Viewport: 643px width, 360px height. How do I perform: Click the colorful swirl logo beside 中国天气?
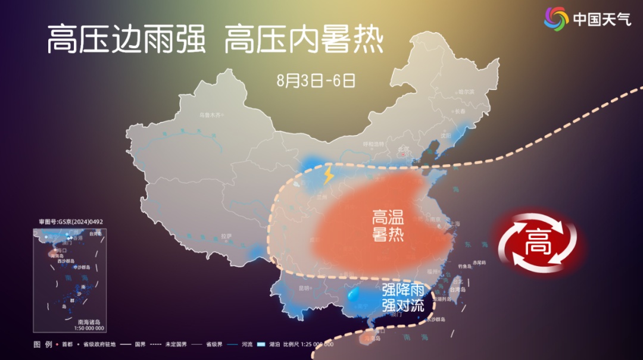coord(556,18)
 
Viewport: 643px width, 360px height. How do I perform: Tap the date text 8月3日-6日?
coord(316,80)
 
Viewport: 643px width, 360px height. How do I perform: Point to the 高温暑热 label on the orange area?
coord(388,224)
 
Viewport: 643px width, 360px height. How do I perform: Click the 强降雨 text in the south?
coord(403,290)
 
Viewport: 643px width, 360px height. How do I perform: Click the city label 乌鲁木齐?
coord(210,114)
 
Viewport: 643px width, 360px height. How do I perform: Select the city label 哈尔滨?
coord(466,92)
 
